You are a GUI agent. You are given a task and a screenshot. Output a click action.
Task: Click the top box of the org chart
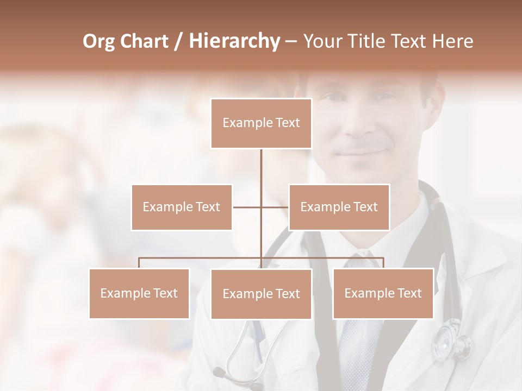pos(261,123)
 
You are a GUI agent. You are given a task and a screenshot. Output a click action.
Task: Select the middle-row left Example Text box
pos(182,207)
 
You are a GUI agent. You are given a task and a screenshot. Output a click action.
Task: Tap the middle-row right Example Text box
pos(339,207)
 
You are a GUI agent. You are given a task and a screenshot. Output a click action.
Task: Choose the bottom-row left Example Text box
pos(139,293)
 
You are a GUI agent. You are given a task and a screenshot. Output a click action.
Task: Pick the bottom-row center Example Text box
pos(261,294)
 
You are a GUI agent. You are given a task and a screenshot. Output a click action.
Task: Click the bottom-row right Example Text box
pos(383,293)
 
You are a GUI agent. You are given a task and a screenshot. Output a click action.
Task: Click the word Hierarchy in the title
pos(234,41)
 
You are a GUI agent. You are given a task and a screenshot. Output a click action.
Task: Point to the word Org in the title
pos(99,41)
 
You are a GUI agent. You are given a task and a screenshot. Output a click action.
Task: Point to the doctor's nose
pos(358,126)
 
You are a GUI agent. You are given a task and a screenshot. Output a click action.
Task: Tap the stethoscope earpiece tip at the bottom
pos(219,373)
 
